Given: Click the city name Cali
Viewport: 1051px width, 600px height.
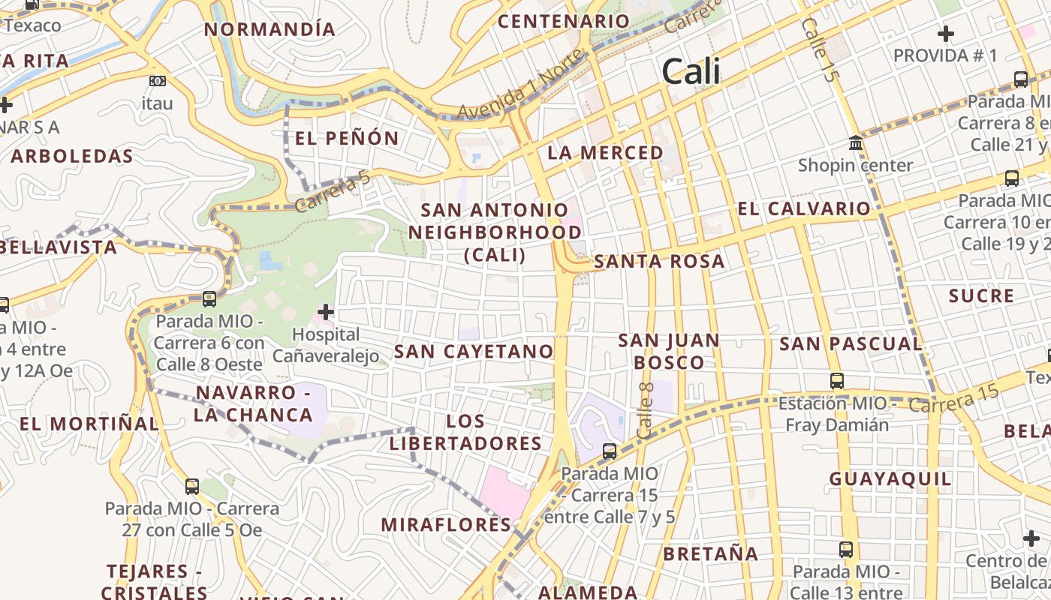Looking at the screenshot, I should point(691,72).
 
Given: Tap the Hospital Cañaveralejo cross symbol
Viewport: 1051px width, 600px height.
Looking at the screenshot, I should point(326,311).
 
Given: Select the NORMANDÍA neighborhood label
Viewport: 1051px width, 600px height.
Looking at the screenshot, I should point(270,29).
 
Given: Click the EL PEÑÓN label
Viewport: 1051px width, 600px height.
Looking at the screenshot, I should point(347,138).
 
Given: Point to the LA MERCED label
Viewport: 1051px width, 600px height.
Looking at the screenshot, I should point(605,153).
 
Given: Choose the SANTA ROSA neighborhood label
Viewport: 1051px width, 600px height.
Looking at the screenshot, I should point(659,262).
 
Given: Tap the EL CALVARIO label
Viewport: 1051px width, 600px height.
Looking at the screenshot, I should point(804,208).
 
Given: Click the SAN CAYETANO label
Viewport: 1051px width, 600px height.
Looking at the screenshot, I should point(474,351).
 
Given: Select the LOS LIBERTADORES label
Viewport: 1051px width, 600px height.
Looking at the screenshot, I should point(465,432).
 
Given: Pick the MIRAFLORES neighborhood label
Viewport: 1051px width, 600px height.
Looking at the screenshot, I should point(446,524).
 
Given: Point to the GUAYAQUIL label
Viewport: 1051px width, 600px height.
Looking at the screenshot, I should point(890,478).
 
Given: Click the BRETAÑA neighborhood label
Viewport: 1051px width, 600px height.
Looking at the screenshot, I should point(710,554).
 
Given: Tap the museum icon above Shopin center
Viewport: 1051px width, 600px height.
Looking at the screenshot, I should point(855,142).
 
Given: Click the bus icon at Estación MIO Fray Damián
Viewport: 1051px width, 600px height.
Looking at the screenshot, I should point(837,381).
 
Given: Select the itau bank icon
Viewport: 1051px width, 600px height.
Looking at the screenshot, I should point(158,81).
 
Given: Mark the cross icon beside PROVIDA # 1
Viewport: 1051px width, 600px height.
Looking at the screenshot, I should point(945,34).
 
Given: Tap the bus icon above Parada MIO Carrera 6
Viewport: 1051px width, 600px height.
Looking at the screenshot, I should point(209,299).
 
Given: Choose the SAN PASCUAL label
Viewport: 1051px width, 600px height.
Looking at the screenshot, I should point(851,344).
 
